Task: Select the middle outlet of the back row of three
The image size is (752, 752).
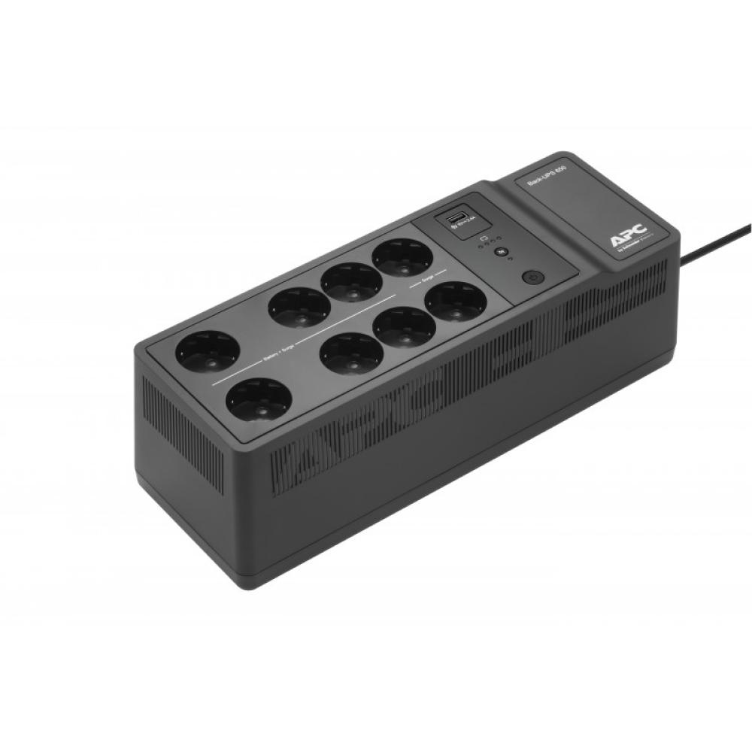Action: (351, 280)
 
